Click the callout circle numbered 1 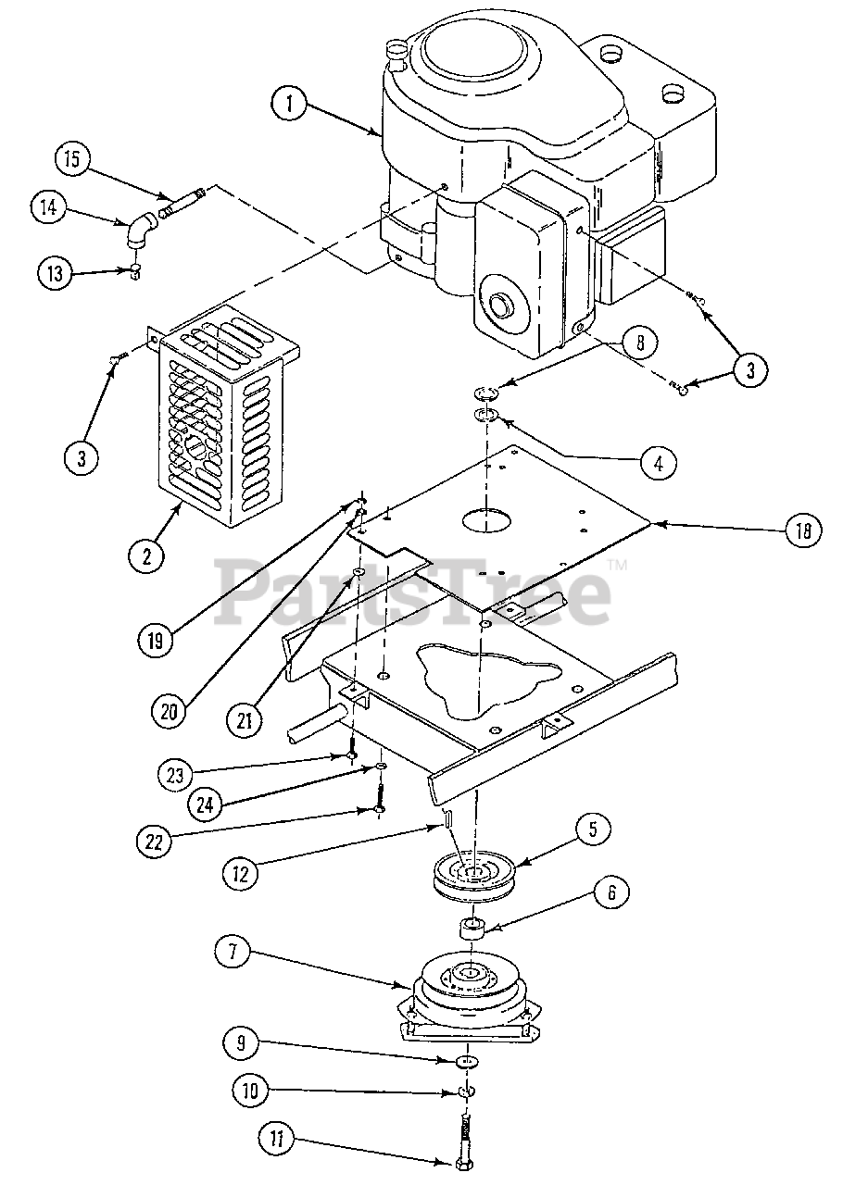pyautogui.click(x=291, y=104)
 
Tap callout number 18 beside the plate pyautogui.click(x=801, y=530)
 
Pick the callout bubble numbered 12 pyautogui.click(x=239, y=870)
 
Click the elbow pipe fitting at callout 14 pyautogui.click(x=140, y=231)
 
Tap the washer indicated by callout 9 pyautogui.click(x=468, y=1061)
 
